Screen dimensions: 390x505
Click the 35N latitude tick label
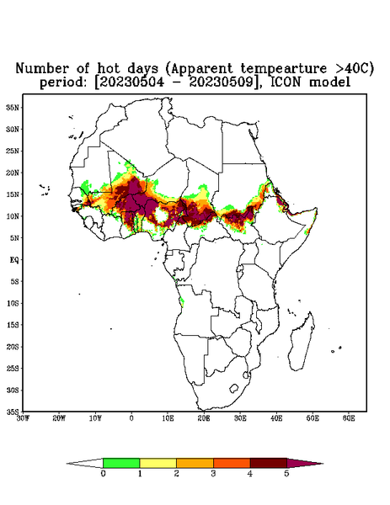click(13, 108)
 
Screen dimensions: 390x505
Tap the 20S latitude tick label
click(13, 347)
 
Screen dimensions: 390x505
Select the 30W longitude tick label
click(23, 418)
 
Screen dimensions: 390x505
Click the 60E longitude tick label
click(349, 418)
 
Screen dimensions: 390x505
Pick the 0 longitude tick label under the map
click(131, 418)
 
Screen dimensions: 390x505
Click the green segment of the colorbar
click(121, 463)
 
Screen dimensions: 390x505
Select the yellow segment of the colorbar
click(158, 463)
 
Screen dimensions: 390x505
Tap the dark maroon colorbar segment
click(269, 463)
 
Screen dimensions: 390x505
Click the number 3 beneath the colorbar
click(213, 474)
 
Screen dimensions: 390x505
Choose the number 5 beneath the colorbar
click(286, 474)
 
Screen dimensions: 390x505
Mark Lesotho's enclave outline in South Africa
click(234, 388)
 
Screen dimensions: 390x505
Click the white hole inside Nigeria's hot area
click(161, 215)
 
